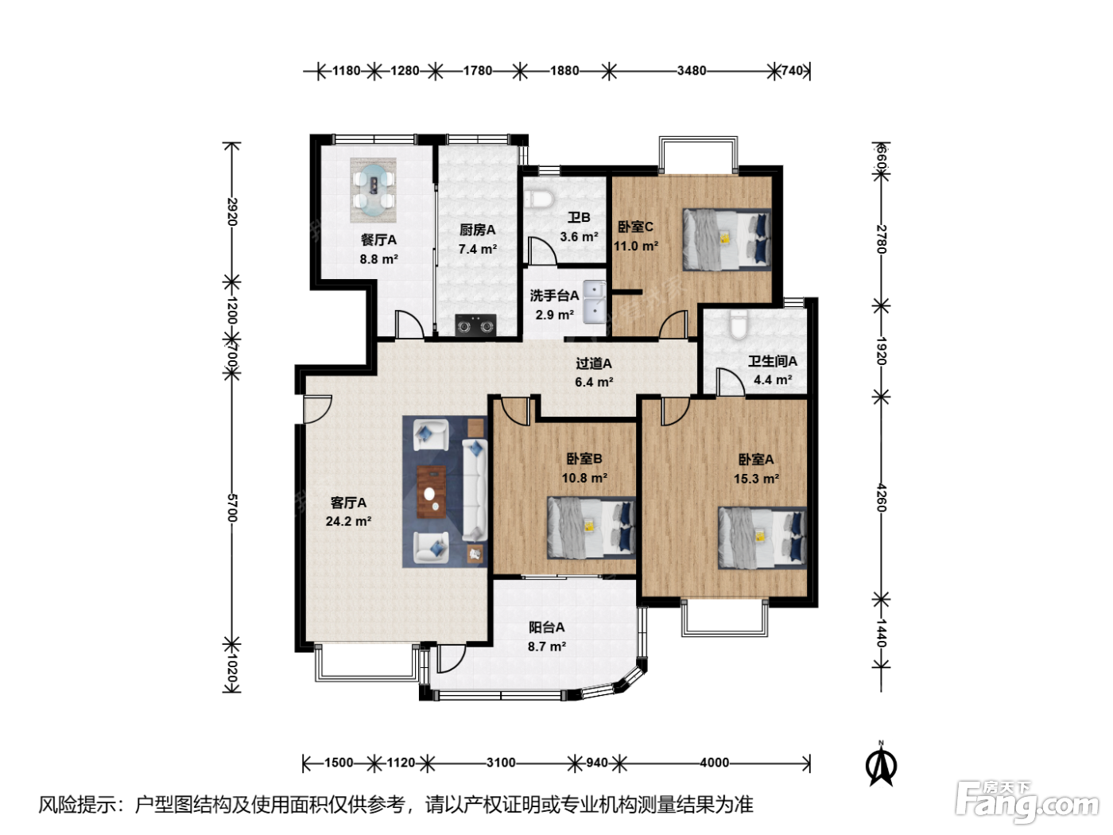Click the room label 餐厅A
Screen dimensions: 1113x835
[378, 240]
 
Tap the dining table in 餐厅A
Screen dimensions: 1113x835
[373, 190]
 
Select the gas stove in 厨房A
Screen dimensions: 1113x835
[475, 325]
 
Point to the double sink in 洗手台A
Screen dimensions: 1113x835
[594, 302]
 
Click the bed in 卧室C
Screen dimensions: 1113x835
[727, 240]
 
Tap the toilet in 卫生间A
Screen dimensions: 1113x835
[739, 324]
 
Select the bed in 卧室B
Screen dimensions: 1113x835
[591, 528]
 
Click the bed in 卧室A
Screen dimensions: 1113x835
[762, 538]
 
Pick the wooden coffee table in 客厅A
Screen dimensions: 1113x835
[432, 491]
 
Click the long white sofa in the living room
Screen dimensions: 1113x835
[475, 490]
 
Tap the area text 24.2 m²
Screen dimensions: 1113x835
[348, 521]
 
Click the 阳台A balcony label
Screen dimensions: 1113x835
[547, 627]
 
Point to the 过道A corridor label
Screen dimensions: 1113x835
[594, 363]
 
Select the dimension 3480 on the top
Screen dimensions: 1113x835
[692, 71]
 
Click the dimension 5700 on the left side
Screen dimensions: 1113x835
[231, 507]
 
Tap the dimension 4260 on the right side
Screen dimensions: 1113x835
[882, 498]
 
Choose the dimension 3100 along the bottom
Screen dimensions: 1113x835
[501, 763]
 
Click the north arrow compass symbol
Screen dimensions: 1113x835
[882, 765]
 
